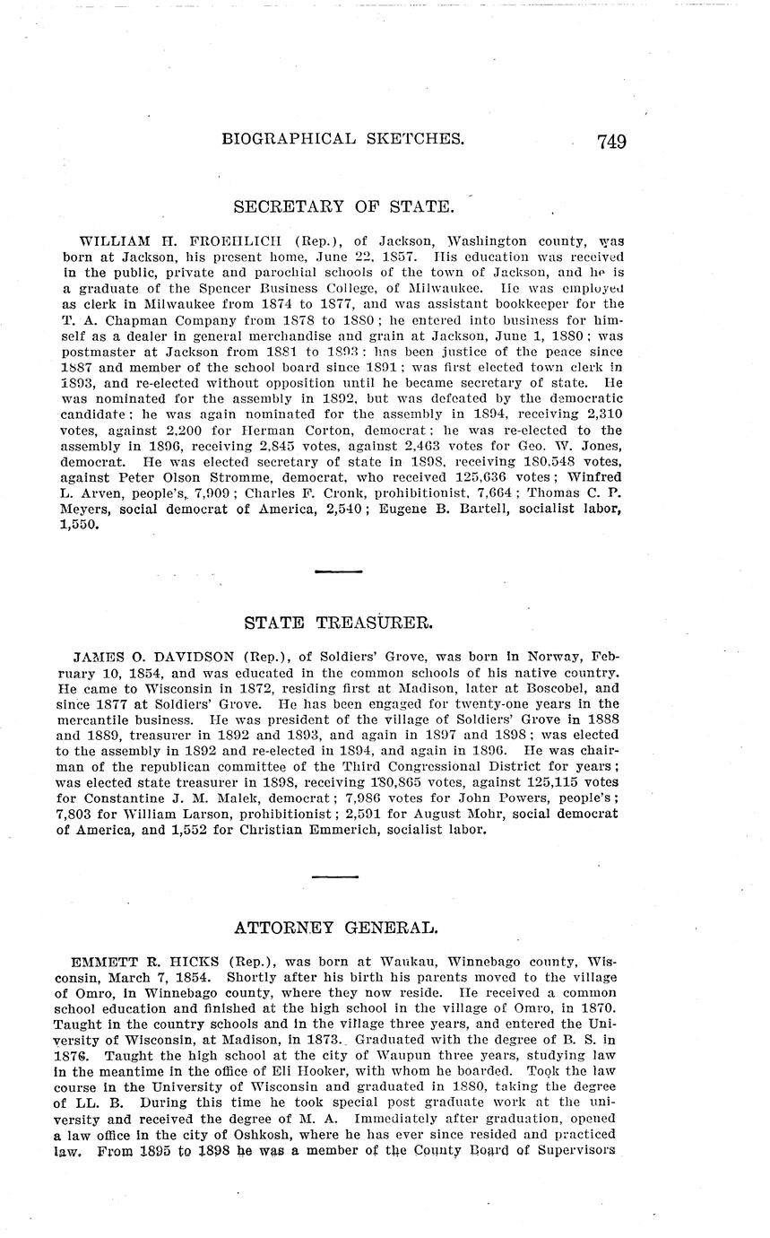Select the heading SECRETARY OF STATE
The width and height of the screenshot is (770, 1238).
(343, 207)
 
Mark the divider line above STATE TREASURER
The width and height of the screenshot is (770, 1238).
(338, 571)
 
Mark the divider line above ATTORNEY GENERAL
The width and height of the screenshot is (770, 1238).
(335, 876)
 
